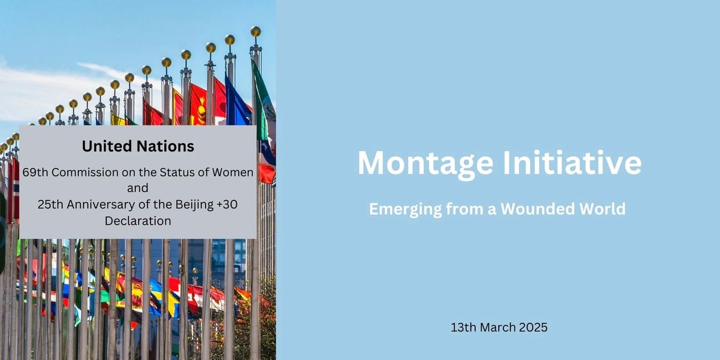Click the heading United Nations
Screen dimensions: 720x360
click(x=138, y=146)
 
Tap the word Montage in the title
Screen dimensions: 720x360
click(x=425, y=164)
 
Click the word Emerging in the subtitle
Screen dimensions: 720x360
click(x=405, y=209)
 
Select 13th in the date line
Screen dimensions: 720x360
click(x=463, y=327)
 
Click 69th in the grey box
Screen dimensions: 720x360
click(x=35, y=172)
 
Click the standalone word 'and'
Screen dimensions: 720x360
click(x=138, y=188)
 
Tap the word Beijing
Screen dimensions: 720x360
click(x=195, y=205)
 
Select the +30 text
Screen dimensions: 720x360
click(x=227, y=204)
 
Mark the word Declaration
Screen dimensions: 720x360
click(x=138, y=221)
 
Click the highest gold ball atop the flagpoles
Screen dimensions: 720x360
click(x=255, y=31)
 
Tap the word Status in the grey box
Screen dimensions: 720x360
click(x=177, y=172)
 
